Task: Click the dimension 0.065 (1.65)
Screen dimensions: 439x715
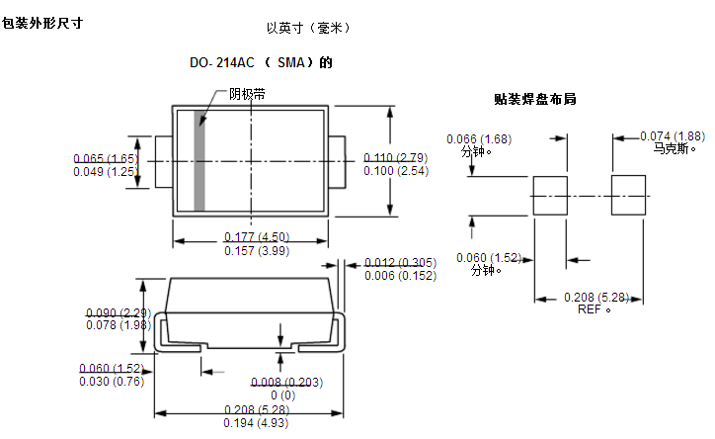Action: point(105,158)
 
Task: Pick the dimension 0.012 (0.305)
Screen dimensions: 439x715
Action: point(400,262)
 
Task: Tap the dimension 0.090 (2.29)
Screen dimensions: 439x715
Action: point(117,312)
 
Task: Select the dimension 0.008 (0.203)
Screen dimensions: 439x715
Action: point(286,382)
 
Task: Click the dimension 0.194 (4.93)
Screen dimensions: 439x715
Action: point(256,423)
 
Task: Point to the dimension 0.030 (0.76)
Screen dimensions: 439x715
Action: point(111,381)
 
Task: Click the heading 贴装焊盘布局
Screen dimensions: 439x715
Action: point(534,99)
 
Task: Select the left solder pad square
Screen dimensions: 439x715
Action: point(550,196)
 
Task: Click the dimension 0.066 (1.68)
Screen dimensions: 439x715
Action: point(479,138)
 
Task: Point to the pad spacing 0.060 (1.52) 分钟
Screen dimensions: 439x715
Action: point(488,258)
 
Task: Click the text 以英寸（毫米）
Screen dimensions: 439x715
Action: point(308,29)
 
